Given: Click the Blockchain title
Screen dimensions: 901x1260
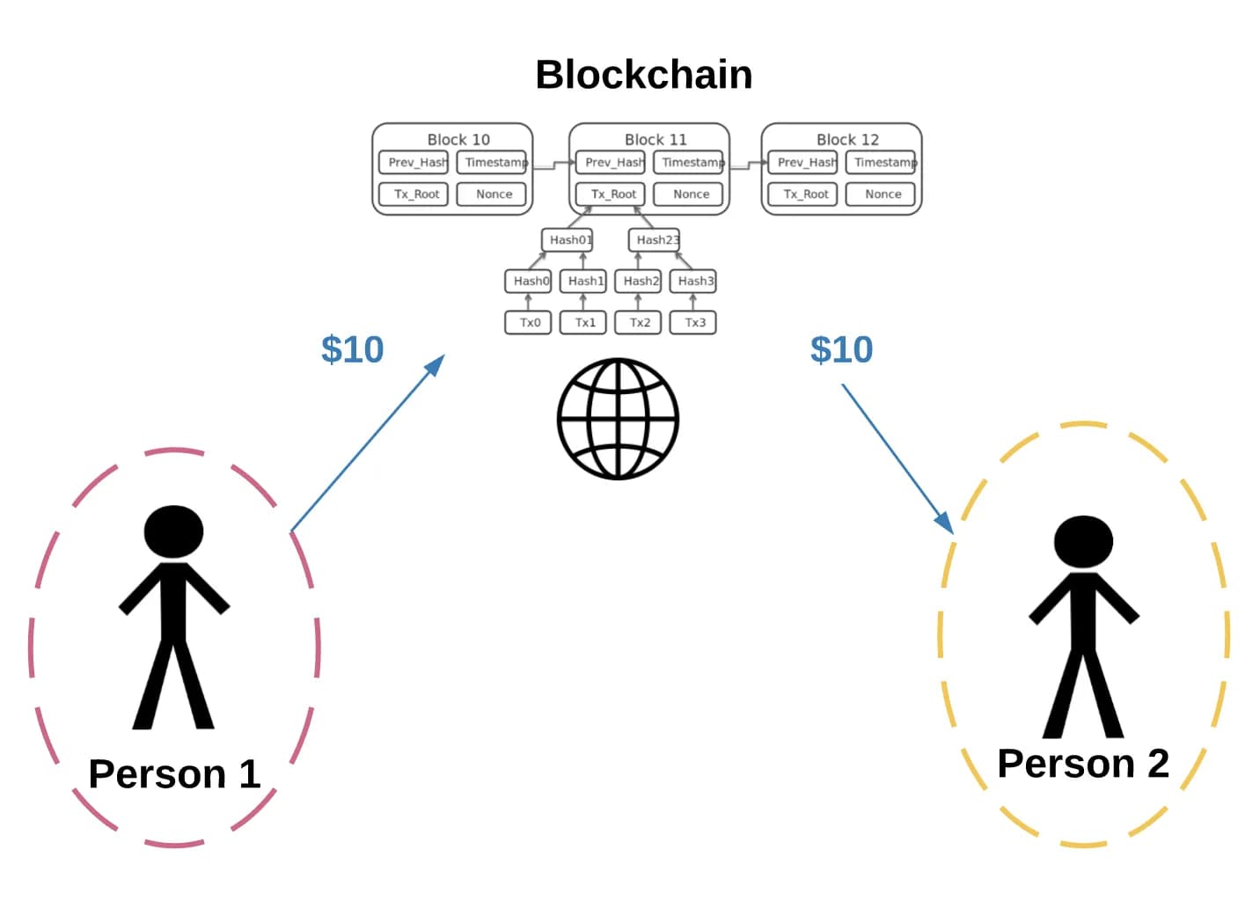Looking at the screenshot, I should [x=643, y=75].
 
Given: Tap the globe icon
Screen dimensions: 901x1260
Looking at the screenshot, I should [x=618, y=419].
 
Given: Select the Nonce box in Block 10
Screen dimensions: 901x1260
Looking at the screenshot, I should [x=493, y=194].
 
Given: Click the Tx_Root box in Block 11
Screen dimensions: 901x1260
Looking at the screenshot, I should [x=612, y=194].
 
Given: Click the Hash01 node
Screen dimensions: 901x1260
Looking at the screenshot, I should [x=568, y=239].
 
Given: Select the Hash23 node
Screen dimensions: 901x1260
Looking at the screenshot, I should [x=656, y=239].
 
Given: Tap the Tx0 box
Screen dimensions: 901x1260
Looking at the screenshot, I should [x=529, y=323].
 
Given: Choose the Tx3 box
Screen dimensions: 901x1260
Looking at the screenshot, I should [x=694, y=323].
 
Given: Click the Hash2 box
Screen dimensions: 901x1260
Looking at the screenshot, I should [x=639, y=282].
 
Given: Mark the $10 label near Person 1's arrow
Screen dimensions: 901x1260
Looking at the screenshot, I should [x=352, y=350].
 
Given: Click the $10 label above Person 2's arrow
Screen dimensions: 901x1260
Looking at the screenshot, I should [x=841, y=350].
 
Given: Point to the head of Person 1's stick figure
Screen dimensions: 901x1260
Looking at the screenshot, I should [x=174, y=531].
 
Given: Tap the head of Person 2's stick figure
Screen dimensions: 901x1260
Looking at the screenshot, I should [x=1083, y=541].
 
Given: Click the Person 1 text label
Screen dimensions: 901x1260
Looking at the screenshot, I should [x=174, y=774].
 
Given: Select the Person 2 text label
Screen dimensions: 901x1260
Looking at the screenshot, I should [x=1082, y=764].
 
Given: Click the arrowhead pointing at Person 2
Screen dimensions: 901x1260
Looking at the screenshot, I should [x=946, y=524].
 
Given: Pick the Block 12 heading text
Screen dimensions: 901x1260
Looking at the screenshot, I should [x=846, y=140].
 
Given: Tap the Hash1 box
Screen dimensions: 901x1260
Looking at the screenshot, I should [x=584, y=282].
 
